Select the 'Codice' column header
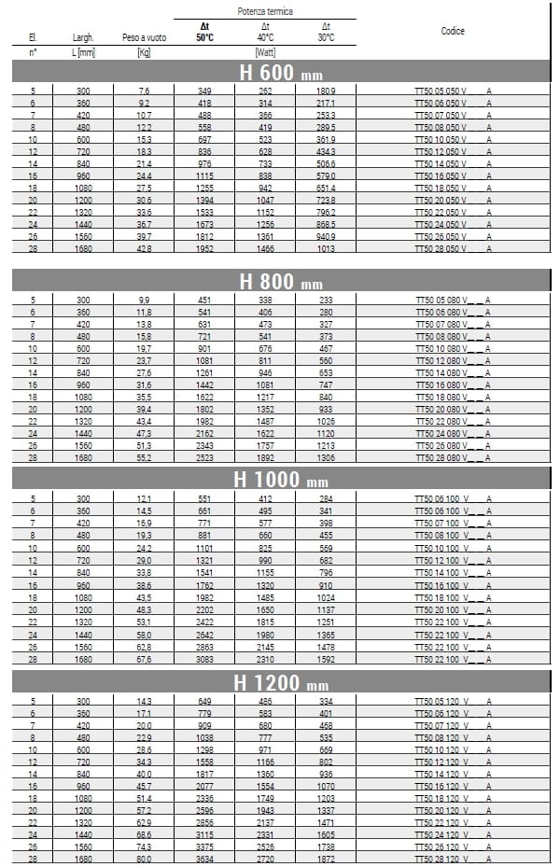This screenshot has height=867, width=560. (x=453, y=31)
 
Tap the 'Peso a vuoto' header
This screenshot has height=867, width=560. (x=144, y=37)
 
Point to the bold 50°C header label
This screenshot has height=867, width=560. (x=204, y=37)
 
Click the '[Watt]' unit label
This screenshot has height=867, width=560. (x=265, y=52)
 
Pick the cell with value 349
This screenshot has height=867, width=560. (x=204, y=91)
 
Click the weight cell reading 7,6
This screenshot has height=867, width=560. (x=144, y=91)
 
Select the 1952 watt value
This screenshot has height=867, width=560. (x=204, y=249)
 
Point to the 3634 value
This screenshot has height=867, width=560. (x=204, y=859)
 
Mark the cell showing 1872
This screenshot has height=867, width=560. (x=326, y=859)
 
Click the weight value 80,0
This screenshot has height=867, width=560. (x=144, y=859)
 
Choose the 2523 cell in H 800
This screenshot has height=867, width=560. (x=204, y=457)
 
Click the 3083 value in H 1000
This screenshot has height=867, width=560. (x=204, y=658)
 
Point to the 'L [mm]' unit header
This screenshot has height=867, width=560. (x=84, y=52)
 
